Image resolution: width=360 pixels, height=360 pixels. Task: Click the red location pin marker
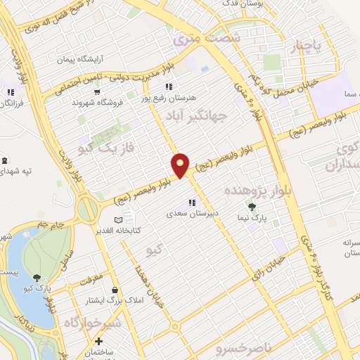tap(181, 165)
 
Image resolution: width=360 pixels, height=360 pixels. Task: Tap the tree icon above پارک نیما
tap(252, 207)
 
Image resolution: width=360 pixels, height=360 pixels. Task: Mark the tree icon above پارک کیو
tap(36, 278)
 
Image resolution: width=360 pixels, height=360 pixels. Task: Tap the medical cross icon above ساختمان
tap(98, 342)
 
